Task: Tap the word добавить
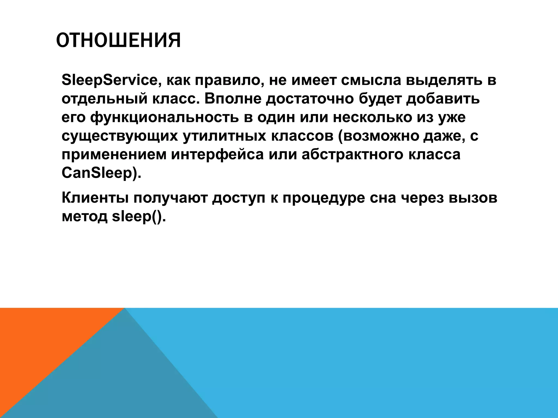point(443,99)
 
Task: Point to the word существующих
point(120,136)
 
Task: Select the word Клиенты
point(95,198)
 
